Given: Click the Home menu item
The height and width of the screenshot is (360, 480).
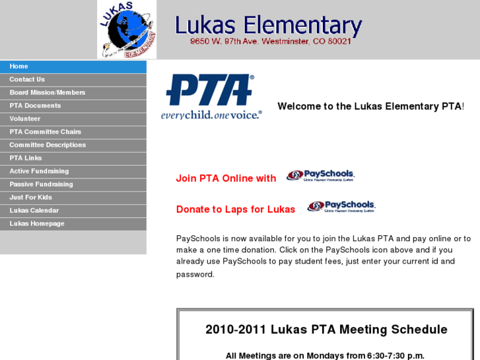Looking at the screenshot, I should point(19,67).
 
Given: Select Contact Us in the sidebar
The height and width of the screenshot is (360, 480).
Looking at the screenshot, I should point(27,80).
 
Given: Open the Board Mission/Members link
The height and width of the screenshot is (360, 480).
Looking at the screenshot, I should point(48,93).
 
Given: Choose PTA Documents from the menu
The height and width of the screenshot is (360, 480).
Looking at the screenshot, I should point(35,106).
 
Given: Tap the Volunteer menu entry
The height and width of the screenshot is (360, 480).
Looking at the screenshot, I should point(25,119).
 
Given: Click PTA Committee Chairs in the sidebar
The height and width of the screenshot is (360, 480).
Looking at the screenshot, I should point(46,132).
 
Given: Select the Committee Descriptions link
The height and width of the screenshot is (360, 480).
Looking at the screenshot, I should point(48,145).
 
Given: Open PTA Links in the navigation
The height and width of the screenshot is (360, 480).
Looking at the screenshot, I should point(26,159).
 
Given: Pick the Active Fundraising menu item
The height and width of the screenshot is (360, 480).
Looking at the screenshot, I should point(39,171).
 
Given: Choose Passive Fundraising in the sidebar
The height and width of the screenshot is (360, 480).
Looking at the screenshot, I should point(41,184).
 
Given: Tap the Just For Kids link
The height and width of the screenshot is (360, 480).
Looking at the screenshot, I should point(30,198).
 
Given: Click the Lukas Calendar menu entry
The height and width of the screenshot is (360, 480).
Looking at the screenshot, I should point(34,211).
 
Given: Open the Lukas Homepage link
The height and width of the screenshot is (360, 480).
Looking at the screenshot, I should point(37,224).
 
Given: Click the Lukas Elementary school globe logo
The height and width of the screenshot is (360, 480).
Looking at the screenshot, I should point(127,30).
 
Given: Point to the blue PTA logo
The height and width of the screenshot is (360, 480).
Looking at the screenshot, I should point(211,96).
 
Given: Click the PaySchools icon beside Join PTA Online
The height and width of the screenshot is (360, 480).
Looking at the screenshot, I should point(321,176).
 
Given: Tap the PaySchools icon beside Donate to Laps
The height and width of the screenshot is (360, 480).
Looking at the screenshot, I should point(341,207).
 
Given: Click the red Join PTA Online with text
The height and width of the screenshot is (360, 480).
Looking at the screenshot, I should point(226,178).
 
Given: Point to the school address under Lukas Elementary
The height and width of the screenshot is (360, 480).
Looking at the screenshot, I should point(271,41).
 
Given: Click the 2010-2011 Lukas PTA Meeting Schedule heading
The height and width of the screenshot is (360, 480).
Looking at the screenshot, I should point(326,330).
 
